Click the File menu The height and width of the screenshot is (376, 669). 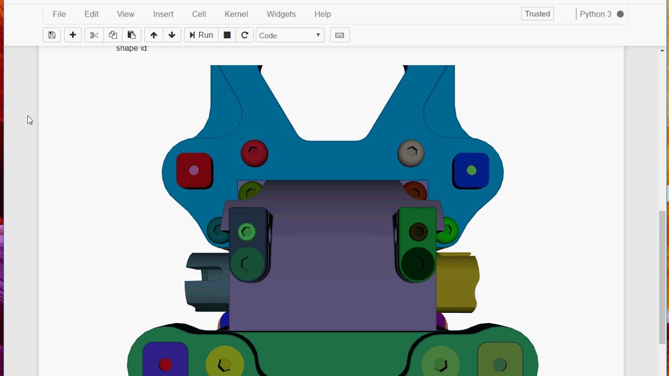[x=59, y=14]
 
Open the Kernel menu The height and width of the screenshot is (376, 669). [x=236, y=14]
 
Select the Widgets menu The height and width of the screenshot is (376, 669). [x=281, y=14]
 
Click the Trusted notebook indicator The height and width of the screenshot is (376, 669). [x=537, y=14]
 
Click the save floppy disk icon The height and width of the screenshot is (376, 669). [x=52, y=35]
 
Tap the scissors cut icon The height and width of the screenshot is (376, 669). [x=94, y=35]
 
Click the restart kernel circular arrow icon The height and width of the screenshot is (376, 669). [x=245, y=35]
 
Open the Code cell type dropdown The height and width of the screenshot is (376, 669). [x=290, y=35]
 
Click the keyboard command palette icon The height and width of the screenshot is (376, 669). [x=340, y=35]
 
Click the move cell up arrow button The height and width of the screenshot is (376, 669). [x=153, y=35]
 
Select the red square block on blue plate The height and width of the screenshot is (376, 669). [x=194, y=170]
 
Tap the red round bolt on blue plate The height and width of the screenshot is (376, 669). [x=255, y=153]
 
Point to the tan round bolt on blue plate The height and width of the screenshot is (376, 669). [x=411, y=153]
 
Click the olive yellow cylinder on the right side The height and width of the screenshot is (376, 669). [x=458, y=282]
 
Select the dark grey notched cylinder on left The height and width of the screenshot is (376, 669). [x=206, y=282]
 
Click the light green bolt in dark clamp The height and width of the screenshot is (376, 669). [x=247, y=232]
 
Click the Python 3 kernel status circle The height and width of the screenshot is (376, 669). [x=620, y=14]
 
